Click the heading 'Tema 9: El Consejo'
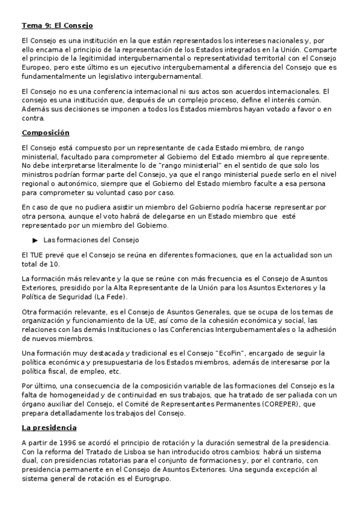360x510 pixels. pos(57,26)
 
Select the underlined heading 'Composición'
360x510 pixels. pos(45,132)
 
